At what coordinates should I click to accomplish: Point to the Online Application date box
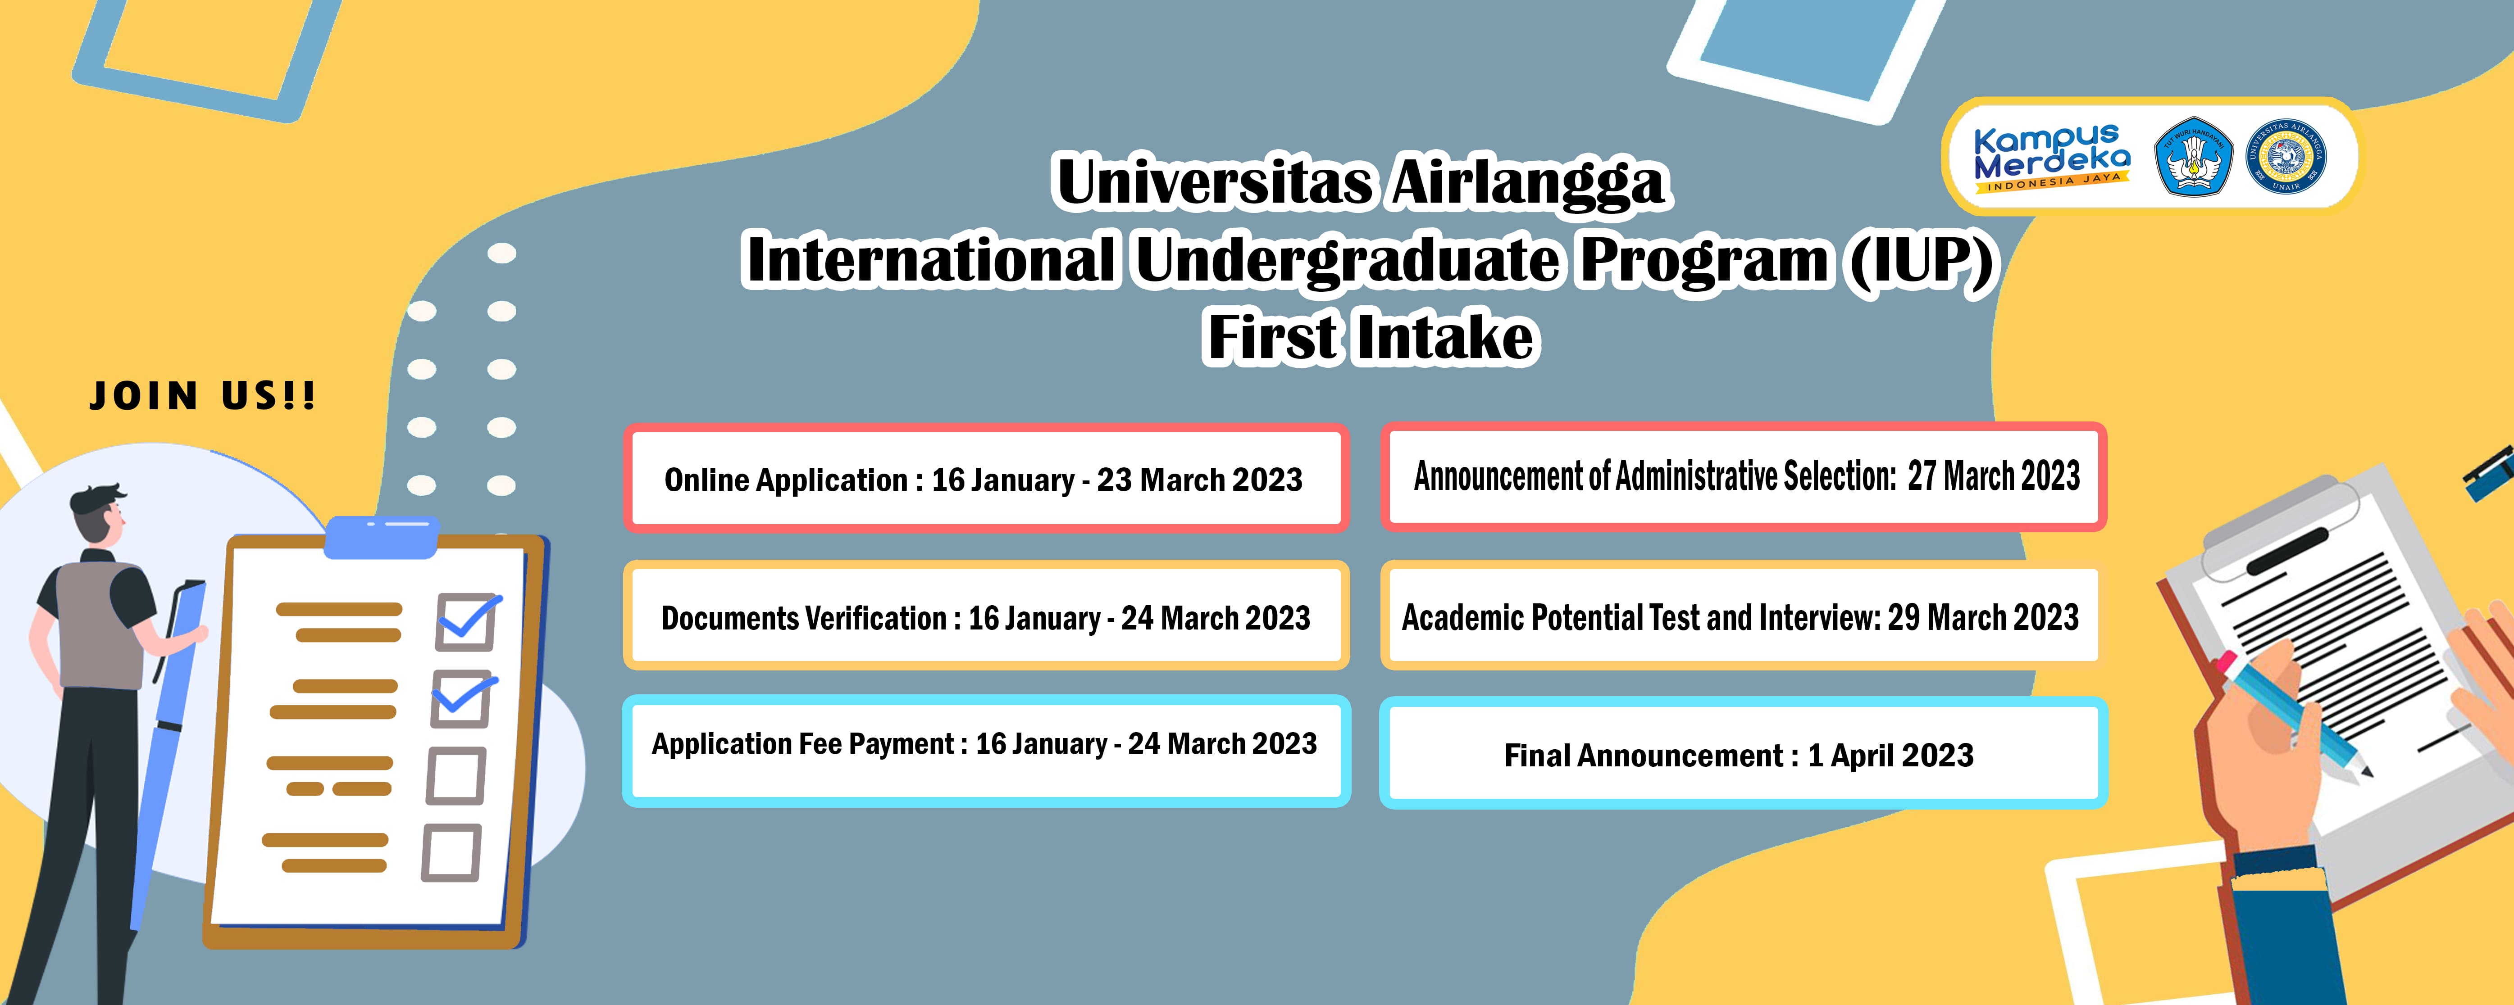click(x=986, y=478)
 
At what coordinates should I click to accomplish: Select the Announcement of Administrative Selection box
click(x=1744, y=476)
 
